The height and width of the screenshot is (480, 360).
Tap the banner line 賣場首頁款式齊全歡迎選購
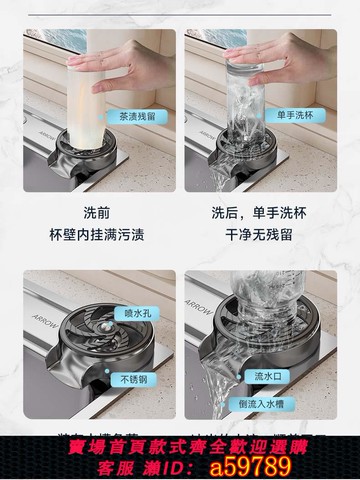[x=180, y=445]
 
